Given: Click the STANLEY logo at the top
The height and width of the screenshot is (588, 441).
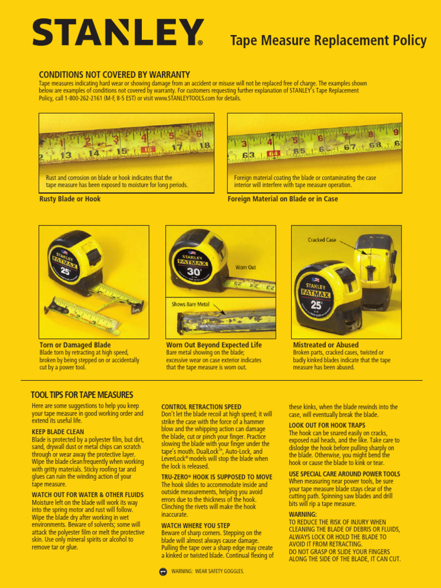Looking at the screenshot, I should pos(118,33).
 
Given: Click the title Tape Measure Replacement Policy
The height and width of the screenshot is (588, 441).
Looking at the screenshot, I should pos(328,41).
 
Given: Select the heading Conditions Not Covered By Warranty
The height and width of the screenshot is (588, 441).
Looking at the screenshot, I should pos(114,75).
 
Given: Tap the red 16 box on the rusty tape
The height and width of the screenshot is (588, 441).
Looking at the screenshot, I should pos(148,149).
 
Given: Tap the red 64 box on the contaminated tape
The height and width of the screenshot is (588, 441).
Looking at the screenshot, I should pos(273,153).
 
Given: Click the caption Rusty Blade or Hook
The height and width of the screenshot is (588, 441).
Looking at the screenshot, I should pos(69,199).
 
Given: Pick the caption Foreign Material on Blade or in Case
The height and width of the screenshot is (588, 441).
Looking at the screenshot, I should pos(283,199).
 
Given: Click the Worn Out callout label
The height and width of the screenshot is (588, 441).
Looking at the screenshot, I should pos(245,268).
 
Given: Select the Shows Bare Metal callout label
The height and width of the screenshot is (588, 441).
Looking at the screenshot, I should pos(191,304).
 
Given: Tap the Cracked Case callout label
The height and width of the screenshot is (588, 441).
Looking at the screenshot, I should pos(322,240).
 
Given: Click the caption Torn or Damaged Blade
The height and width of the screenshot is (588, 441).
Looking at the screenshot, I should pos(75,345).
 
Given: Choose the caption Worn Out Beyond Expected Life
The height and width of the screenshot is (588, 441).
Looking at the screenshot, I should pos(214,345).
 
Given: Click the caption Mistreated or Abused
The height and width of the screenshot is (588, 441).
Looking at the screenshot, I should pos(326,345).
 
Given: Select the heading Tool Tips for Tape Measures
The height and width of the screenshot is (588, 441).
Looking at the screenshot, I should pos(82,395).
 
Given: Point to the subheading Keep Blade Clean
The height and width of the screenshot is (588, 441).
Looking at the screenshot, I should pos(57,432).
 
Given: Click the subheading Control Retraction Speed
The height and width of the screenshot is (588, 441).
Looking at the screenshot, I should pos(201,407).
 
